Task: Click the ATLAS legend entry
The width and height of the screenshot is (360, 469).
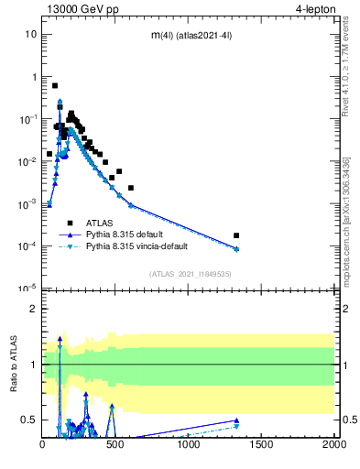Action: point(102,223)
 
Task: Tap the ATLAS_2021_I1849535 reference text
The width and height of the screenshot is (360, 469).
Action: point(189,274)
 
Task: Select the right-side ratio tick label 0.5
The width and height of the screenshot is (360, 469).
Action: point(348,420)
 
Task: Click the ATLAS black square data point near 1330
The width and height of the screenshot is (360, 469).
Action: point(237,235)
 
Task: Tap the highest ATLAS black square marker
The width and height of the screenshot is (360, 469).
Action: point(55,85)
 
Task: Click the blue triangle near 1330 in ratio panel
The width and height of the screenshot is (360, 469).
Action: point(237,420)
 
